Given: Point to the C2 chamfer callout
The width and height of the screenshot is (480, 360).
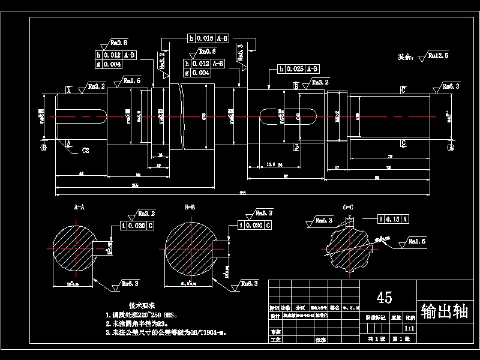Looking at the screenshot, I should click(x=85, y=151).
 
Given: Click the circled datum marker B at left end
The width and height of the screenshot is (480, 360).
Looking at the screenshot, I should click(x=43, y=146).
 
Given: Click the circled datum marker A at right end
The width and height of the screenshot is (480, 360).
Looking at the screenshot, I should click(x=451, y=146).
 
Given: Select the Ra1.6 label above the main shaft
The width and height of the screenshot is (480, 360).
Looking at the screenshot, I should click(x=132, y=80).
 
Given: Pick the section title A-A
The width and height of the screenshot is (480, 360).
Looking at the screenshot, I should click(x=79, y=207).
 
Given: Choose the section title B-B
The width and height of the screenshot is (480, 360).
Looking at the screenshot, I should click(x=190, y=207).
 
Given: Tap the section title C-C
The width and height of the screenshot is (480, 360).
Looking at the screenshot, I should click(x=348, y=207).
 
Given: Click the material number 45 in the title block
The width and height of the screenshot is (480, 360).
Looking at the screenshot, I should click(x=384, y=297).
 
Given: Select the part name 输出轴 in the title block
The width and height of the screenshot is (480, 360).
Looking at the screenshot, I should click(x=446, y=311).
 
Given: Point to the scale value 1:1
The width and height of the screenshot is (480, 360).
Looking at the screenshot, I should click(x=410, y=329).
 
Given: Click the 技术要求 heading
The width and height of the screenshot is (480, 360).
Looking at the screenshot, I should click(x=142, y=305).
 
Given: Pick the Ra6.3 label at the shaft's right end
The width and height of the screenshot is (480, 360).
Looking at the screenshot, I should click(x=451, y=87).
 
